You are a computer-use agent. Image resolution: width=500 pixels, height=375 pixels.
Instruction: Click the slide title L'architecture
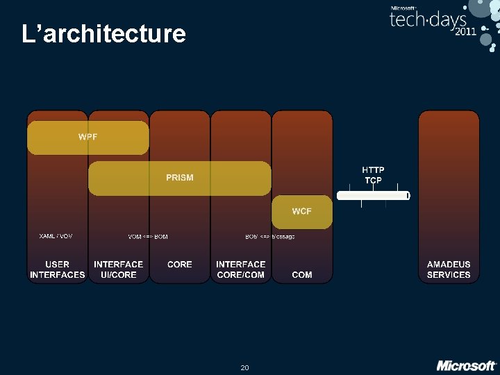(103, 33)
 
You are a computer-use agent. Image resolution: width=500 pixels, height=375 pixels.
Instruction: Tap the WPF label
(88, 137)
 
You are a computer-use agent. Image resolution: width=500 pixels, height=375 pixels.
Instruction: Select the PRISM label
(179, 178)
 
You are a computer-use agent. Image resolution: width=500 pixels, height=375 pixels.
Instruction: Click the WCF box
(302, 212)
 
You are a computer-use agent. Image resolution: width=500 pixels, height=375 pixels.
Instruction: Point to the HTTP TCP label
(374, 175)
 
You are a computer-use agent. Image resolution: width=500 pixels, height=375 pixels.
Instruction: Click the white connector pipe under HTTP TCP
(374, 196)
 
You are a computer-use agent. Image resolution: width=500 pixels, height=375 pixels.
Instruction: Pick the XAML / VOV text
(56, 236)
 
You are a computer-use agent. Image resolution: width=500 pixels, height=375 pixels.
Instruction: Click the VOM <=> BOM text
(148, 237)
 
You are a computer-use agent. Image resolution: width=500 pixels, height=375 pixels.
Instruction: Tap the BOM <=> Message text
(270, 237)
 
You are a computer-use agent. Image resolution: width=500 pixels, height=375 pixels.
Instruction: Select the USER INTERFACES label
(57, 269)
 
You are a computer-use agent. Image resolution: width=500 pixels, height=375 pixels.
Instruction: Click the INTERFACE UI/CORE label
(118, 269)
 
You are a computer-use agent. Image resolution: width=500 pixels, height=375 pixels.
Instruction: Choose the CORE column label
(180, 265)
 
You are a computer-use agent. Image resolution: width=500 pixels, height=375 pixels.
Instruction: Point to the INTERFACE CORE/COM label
(240, 269)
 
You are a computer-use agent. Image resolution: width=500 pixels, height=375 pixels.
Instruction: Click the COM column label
(302, 275)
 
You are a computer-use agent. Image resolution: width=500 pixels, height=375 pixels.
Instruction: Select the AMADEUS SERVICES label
(449, 269)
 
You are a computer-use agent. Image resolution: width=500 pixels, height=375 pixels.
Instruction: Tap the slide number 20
(244, 367)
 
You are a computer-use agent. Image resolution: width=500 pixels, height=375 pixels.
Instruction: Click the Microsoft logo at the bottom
(466, 365)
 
